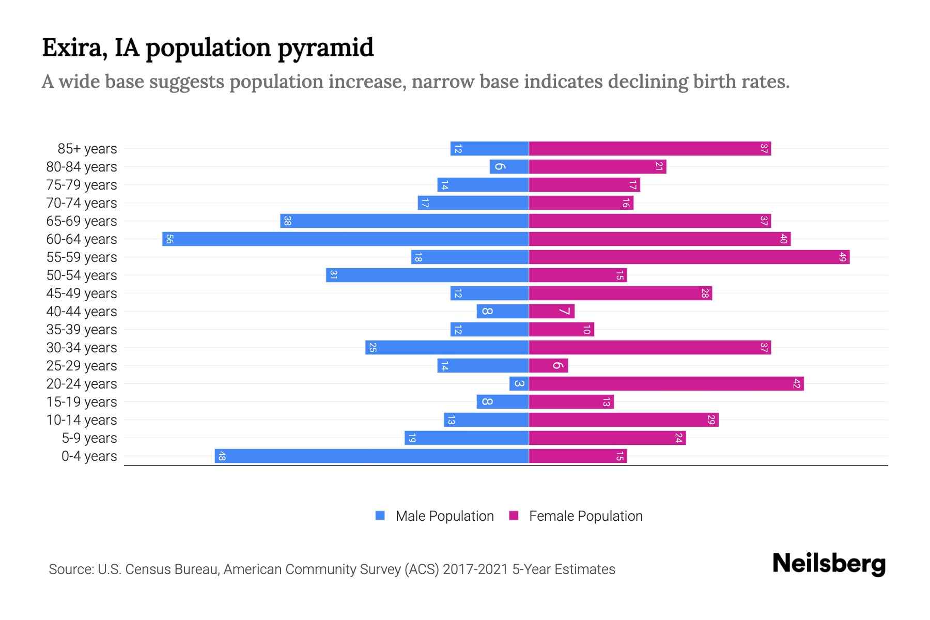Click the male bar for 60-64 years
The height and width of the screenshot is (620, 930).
[x=345, y=239]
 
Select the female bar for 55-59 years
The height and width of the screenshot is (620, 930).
[x=689, y=257]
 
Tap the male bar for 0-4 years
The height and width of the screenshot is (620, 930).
[x=371, y=456]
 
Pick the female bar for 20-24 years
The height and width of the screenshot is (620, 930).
[x=666, y=383]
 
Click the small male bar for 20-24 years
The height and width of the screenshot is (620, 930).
[x=519, y=383]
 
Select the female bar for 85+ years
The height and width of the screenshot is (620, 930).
[x=649, y=148]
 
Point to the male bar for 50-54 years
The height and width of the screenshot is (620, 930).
[x=427, y=275]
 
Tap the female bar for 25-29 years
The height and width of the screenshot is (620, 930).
[x=548, y=365]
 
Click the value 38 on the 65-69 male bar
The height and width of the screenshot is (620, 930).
[x=288, y=221]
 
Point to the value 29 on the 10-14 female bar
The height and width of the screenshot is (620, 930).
[x=711, y=420]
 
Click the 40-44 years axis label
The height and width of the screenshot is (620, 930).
[x=82, y=312]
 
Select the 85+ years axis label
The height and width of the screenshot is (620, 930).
[x=87, y=149]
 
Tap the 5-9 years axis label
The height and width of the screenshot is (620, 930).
[x=89, y=438]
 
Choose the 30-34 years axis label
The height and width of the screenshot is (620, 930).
[x=82, y=348]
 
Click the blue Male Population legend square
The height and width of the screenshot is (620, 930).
[x=380, y=516]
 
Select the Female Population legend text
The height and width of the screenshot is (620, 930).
[x=585, y=516]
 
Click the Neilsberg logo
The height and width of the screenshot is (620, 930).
[x=829, y=564]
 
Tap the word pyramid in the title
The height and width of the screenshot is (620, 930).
[x=326, y=48]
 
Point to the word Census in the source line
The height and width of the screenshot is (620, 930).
[x=147, y=569]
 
